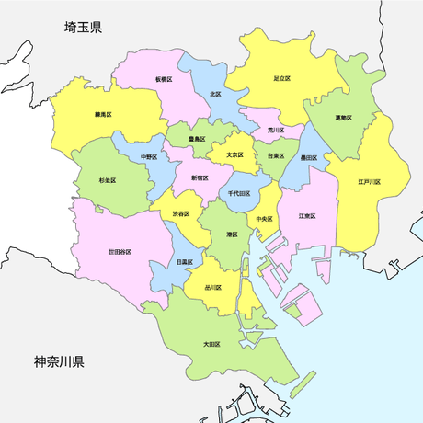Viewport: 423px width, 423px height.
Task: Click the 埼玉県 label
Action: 83,28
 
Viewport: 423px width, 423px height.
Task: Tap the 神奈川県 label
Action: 60,361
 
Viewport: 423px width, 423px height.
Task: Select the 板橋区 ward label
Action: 165,80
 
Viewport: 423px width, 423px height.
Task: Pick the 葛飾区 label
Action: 344,119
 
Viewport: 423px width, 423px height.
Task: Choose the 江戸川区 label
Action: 370,182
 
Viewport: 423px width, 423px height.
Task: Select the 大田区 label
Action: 211,344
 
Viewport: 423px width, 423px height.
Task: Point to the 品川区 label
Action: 212,287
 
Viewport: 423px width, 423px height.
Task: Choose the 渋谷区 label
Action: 180,213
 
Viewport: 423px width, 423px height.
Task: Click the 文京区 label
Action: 234,154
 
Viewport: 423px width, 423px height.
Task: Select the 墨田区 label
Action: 308,158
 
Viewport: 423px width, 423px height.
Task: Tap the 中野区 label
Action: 149,157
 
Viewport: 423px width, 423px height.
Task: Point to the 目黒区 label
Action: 183,262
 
